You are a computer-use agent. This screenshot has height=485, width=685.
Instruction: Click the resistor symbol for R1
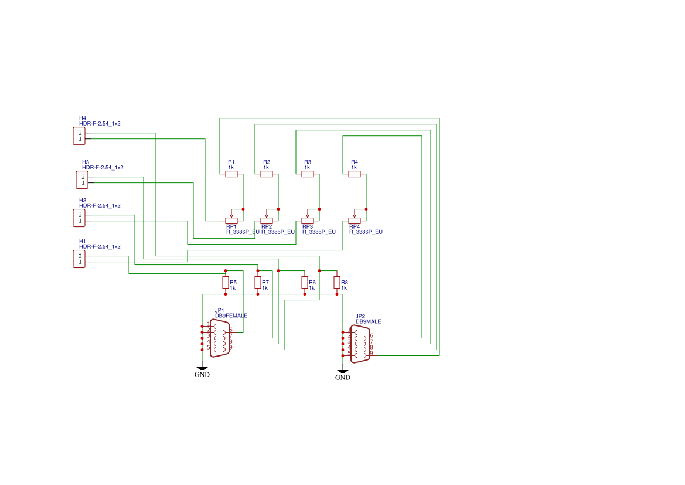[x=231, y=174]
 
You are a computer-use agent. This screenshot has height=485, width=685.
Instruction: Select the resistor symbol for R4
[x=355, y=174]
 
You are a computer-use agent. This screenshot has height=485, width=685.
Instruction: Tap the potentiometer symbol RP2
[x=267, y=221]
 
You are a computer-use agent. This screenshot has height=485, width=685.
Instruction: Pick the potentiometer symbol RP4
[x=355, y=221]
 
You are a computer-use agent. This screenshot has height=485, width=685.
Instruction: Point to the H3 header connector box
[x=82, y=179]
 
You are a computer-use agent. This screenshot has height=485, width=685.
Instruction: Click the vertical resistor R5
[x=226, y=283]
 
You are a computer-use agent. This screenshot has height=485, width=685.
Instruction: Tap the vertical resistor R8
[x=337, y=283]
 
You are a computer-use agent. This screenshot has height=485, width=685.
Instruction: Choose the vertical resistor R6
[x=305, y=283]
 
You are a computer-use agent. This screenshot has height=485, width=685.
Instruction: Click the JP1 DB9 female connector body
[x=220, y=338]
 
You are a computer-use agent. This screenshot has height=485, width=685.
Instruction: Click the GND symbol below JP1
[x=202, y=372]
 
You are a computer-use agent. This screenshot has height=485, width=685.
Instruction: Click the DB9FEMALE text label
[x=231, y=316]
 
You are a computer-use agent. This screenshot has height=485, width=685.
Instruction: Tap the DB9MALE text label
[x=368, y=321]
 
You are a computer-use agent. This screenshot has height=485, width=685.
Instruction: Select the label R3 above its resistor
[x=307, y=162]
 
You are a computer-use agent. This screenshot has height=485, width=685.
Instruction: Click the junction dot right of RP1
[x=243, y=209]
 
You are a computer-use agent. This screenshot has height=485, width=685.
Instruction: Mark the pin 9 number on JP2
[x=371, y=353]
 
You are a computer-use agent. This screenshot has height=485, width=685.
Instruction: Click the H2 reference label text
[x=83, y=200]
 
